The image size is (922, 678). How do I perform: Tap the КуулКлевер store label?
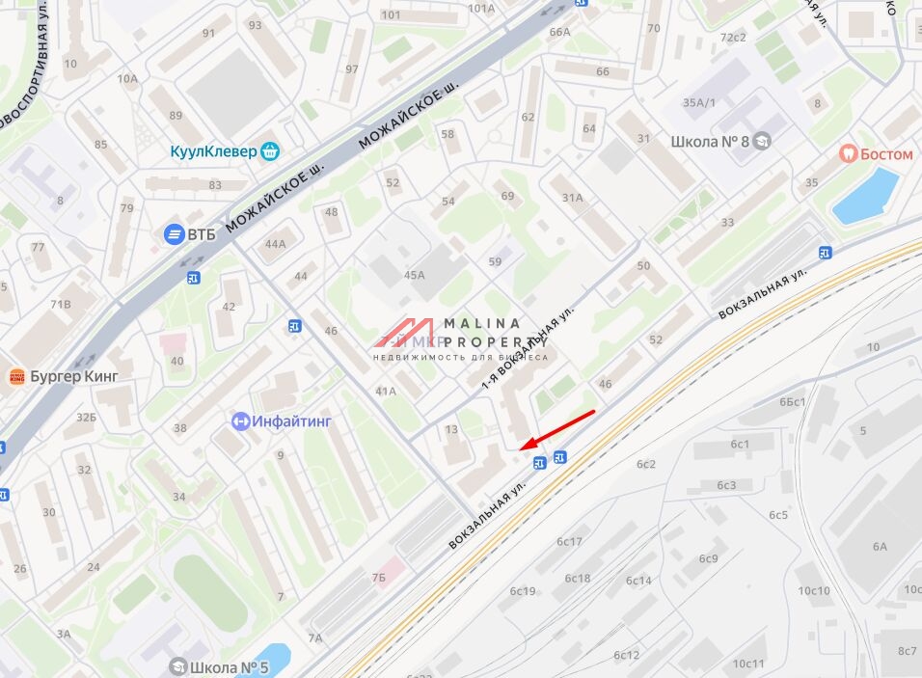[214, 151]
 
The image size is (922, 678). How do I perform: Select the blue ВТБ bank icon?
[174, 233]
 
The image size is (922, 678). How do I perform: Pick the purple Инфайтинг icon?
[241, 420]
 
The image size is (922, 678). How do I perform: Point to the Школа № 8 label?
[710, 142]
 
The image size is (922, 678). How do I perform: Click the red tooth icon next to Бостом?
[848, 153]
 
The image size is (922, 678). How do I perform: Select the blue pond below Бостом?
[865, 196]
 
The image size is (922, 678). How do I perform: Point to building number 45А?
[415, 275]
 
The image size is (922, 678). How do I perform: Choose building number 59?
[496, 261]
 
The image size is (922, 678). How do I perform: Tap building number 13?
[451, 429]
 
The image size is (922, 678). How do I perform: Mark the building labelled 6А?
[880, 546]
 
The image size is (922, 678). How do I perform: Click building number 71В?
[60, 304]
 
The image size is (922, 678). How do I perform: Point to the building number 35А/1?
[699, 102]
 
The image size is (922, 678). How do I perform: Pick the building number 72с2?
[733, 38]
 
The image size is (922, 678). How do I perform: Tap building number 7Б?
[378, 577]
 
